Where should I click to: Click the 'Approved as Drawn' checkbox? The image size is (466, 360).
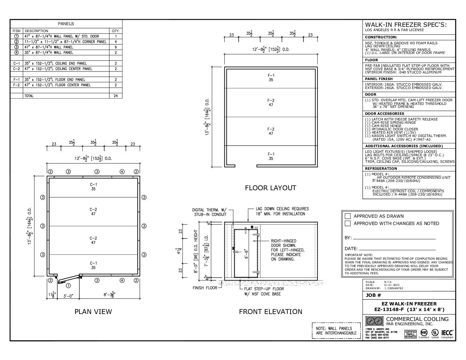(x=347, y=216)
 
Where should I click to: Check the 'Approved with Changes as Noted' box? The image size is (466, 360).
(x=347, y=223)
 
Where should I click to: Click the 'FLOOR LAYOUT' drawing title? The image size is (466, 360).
(x=270, y=188)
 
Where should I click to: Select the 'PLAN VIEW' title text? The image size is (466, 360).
(x=93, y=311)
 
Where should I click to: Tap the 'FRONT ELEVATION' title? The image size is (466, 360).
(x=270, y=311)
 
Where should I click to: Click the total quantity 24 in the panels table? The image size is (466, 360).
(x=116, y=96)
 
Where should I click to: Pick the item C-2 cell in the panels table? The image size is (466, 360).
(x=17, y=69)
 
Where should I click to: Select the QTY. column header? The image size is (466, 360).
(x=116, y=31)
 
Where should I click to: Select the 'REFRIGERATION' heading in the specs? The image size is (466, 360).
(x=381, y=168)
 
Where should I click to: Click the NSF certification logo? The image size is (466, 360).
(x=424, y=332)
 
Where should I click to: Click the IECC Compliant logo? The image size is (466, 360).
(x=447, y=332)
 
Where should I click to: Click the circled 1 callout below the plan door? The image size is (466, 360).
(x=68, y=285)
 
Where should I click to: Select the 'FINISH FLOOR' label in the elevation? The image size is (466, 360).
(x=205, y=288)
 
